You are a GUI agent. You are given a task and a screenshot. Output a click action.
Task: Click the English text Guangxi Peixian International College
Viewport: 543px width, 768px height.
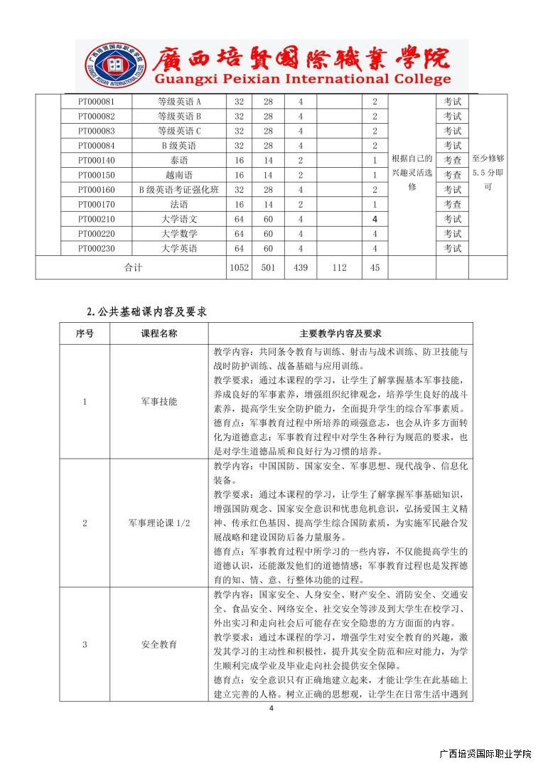pyautogui.click(x=291, y=79)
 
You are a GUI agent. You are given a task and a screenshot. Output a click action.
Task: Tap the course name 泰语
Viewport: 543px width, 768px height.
pyautogui.click(x=179, y=161)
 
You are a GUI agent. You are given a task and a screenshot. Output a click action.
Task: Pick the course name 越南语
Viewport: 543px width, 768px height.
pyautogui.click(x=179, y=175)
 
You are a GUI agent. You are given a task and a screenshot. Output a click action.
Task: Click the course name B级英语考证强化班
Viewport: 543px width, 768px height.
pyautogui.click(x=179, y=190)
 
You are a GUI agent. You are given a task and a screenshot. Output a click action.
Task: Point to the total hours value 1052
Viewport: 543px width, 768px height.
pyautogui.click(x=238, y=267)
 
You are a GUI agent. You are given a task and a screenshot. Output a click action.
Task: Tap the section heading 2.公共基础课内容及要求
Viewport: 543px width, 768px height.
pyautogui.click(x=146, y=311)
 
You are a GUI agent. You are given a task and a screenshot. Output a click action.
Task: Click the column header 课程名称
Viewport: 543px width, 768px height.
pyautogui.click(x=158, y=333)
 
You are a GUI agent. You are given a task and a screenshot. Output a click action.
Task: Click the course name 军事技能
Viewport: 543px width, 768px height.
pyautogui.click(x=158, y=402)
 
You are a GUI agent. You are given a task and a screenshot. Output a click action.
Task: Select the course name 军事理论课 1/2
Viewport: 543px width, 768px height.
pyautogui.click(x=158, y=523)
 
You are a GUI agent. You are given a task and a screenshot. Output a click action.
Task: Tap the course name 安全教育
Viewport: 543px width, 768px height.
pyautogui.click(x=158, y=645)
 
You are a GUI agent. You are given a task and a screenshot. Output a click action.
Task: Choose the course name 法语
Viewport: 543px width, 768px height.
pyautogui.click(x=179, y=205)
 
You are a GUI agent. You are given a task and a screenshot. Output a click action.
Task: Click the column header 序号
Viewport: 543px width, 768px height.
pyautogui.click(x=85, y=333)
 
